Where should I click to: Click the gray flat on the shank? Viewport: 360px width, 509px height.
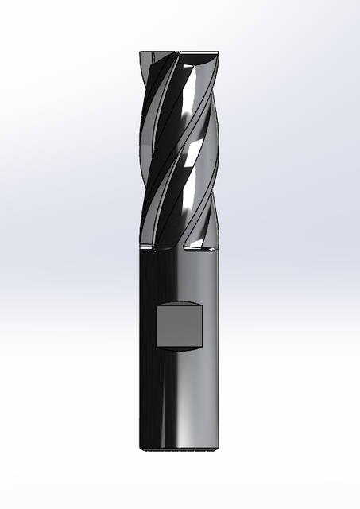[180, 325]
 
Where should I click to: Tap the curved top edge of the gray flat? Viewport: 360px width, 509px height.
[180, 302]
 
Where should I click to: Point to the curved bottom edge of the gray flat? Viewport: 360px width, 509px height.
[180, 348]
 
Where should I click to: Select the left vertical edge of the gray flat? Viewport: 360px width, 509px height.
[156, 325]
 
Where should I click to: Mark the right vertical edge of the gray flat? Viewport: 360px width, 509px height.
[203, 325]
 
